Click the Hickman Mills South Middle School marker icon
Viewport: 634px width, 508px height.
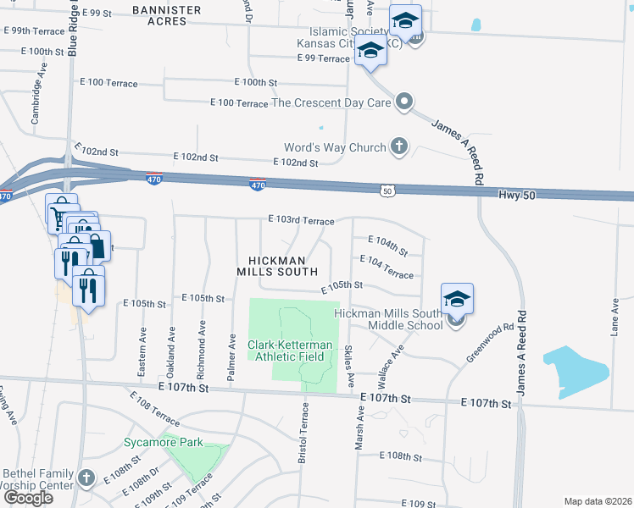coord(457,300)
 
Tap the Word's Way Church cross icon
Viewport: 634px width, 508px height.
coord(399,146)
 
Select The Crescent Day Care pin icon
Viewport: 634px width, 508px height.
coord(405,103)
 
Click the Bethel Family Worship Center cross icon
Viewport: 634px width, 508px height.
coord(85,478)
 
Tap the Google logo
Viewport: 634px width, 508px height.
coord(28,498)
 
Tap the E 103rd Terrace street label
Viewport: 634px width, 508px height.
coord(300,220)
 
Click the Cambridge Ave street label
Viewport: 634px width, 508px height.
coord(36,103)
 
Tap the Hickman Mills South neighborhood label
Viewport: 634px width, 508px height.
coord(277,266)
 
